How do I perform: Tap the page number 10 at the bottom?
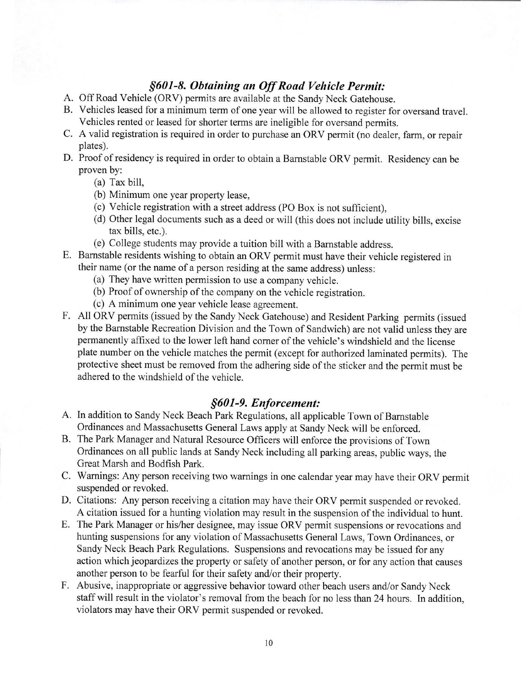(269, 644)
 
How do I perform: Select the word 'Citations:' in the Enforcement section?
(100, 501)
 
